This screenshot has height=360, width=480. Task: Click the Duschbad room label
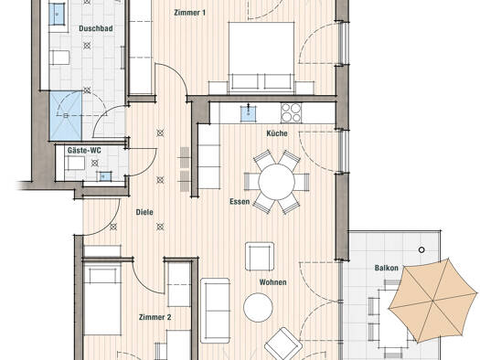pos(96,28)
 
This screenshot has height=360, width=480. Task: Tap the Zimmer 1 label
pos(190,13)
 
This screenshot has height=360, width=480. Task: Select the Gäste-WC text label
pos(84,150)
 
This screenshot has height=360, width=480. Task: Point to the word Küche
pos(277,133)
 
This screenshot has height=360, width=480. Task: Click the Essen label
pos(240,202)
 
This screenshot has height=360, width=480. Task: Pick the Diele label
pos(144,212)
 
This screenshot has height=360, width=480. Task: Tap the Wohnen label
pos(273,282)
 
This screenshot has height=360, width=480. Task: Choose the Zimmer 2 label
pos(155,317)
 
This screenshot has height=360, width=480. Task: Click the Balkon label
pos(387,268)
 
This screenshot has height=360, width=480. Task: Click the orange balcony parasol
pos(433,302)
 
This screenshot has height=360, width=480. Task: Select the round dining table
pos(276,182)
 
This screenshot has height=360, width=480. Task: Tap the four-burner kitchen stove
pos(291,113)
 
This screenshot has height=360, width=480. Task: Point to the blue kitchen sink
pos(249,113)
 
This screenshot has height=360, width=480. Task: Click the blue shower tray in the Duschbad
pos(66,116)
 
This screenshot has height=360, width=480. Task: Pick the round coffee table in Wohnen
pos(258,307)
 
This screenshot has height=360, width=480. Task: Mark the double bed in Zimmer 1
pos(261,58)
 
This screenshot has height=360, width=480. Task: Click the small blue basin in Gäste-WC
pos(104,176)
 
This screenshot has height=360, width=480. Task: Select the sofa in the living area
pos(215,311)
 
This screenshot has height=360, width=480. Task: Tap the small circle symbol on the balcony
pos(421,249)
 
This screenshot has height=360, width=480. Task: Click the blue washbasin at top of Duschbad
pos(57,14)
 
